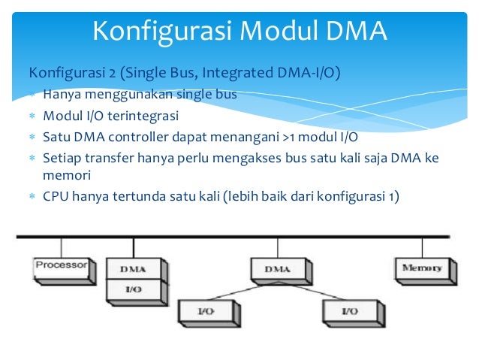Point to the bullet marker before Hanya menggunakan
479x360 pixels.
click(32, 95)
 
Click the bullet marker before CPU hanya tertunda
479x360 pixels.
click(32, 198)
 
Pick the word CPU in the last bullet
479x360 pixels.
click(56, 198)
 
